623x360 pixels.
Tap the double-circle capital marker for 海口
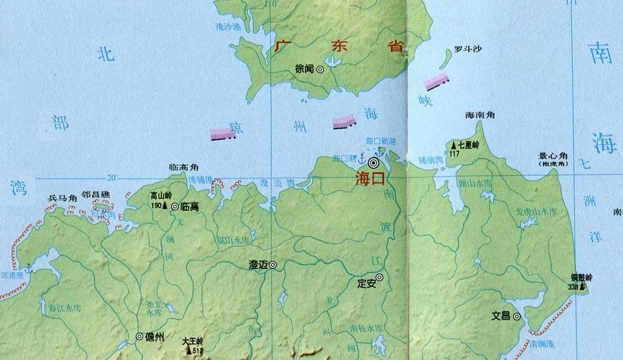point(374,163)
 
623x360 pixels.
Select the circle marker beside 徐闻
point(320,70)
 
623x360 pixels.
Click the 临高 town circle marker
point(175,207)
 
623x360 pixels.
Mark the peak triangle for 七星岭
point(453,146)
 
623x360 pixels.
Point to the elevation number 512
point(197,351)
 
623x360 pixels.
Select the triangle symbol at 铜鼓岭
point(582,286)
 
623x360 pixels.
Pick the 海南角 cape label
point(479,115)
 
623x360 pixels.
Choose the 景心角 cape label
point(551,156)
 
